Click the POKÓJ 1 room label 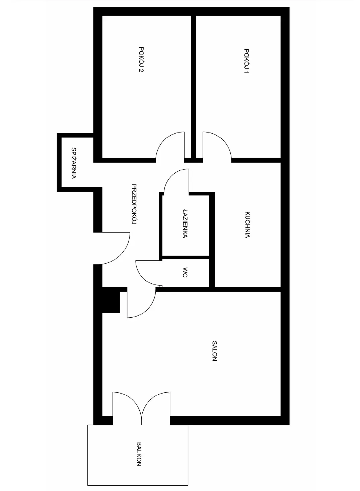click(x=246, y=61)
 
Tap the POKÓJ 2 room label click(x=141, y=59)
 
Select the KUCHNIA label click(x=247, y=225)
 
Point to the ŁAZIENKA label click(x=185, y=224)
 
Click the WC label click(x=185, y=272)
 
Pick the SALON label click(x=214, y=351)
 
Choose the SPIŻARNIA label click(x=74, y=163)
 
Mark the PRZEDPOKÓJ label click(x=134, y=204)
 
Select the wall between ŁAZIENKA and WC click(x=186, y=257)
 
